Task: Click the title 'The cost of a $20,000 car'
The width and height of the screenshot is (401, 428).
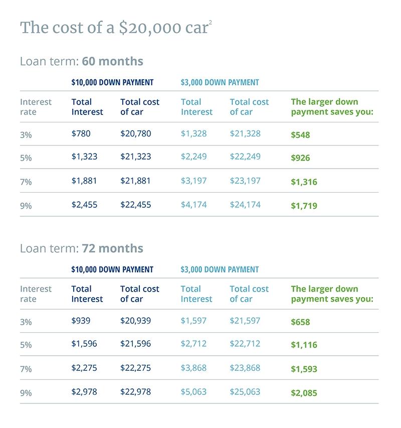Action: [114, 28]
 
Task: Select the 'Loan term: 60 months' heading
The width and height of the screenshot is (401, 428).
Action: [81, 62]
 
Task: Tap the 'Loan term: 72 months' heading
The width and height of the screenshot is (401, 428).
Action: [81, 249]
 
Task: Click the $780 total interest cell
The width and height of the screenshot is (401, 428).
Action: [82, 134]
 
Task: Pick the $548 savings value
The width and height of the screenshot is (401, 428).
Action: [300, 135]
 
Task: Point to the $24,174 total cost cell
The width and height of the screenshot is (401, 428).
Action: [245, 205]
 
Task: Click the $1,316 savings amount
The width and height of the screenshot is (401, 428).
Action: [304, 182]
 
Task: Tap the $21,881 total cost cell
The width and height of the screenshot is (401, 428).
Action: [135, 181]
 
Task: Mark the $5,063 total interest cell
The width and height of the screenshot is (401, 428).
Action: [193, 392]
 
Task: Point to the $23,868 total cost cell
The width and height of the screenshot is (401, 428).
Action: [245, 368]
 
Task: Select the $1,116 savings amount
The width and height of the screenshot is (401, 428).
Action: [304, 345]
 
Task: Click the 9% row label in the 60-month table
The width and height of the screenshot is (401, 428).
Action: [26, 206]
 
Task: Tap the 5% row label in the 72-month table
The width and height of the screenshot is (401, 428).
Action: [26, 345]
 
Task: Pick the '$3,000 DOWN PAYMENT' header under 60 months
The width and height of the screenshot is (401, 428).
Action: [220, 82]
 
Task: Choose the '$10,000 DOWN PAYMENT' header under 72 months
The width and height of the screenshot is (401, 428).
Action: [112, 269]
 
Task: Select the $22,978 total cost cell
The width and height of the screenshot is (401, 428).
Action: [135, 392]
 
